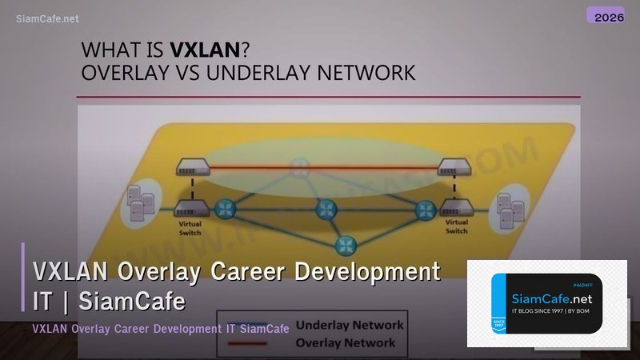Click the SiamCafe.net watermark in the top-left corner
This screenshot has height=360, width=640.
point(47,18)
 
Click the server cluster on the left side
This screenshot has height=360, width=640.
point(136,206)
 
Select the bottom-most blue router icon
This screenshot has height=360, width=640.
point(345,243)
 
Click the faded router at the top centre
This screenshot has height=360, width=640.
point(299,166)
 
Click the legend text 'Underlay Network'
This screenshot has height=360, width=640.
point(350,326)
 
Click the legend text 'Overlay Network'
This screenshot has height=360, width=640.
point(346,342)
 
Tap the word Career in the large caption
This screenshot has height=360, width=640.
point(247,272)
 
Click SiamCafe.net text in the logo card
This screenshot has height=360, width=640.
point(551,299)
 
